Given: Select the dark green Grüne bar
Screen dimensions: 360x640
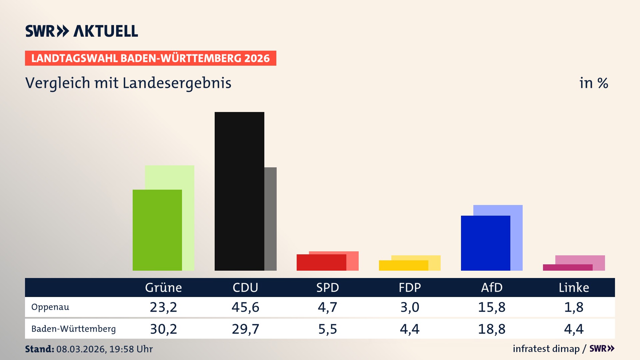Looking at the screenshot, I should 157,230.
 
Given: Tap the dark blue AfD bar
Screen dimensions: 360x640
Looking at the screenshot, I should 485,243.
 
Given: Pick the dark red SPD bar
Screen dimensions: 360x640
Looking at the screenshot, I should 321,262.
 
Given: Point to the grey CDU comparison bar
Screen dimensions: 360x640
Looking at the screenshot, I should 270,219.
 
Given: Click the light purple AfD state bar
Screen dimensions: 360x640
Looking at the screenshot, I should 517,233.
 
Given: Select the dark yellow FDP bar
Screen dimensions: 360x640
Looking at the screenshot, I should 403,266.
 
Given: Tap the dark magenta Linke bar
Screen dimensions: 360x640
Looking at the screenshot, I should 567,267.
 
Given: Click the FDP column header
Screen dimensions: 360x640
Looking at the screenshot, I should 410,287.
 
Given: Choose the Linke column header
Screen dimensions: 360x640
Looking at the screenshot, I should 574,287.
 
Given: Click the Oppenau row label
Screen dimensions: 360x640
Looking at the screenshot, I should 50,307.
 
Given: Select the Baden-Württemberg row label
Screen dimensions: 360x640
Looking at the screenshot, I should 73,329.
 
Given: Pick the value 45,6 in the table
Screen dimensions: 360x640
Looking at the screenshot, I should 245,307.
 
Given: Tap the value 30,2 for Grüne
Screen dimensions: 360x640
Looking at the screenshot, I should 163,329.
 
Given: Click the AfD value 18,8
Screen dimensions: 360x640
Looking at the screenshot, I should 492,329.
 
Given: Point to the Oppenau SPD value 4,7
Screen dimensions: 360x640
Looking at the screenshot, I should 327,307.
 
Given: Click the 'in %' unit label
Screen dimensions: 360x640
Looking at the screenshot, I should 593,83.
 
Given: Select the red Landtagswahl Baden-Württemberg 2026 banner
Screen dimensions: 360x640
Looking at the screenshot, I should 150,58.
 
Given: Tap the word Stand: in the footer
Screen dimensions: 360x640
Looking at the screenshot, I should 39,349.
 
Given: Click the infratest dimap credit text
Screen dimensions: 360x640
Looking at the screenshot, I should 546,349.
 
